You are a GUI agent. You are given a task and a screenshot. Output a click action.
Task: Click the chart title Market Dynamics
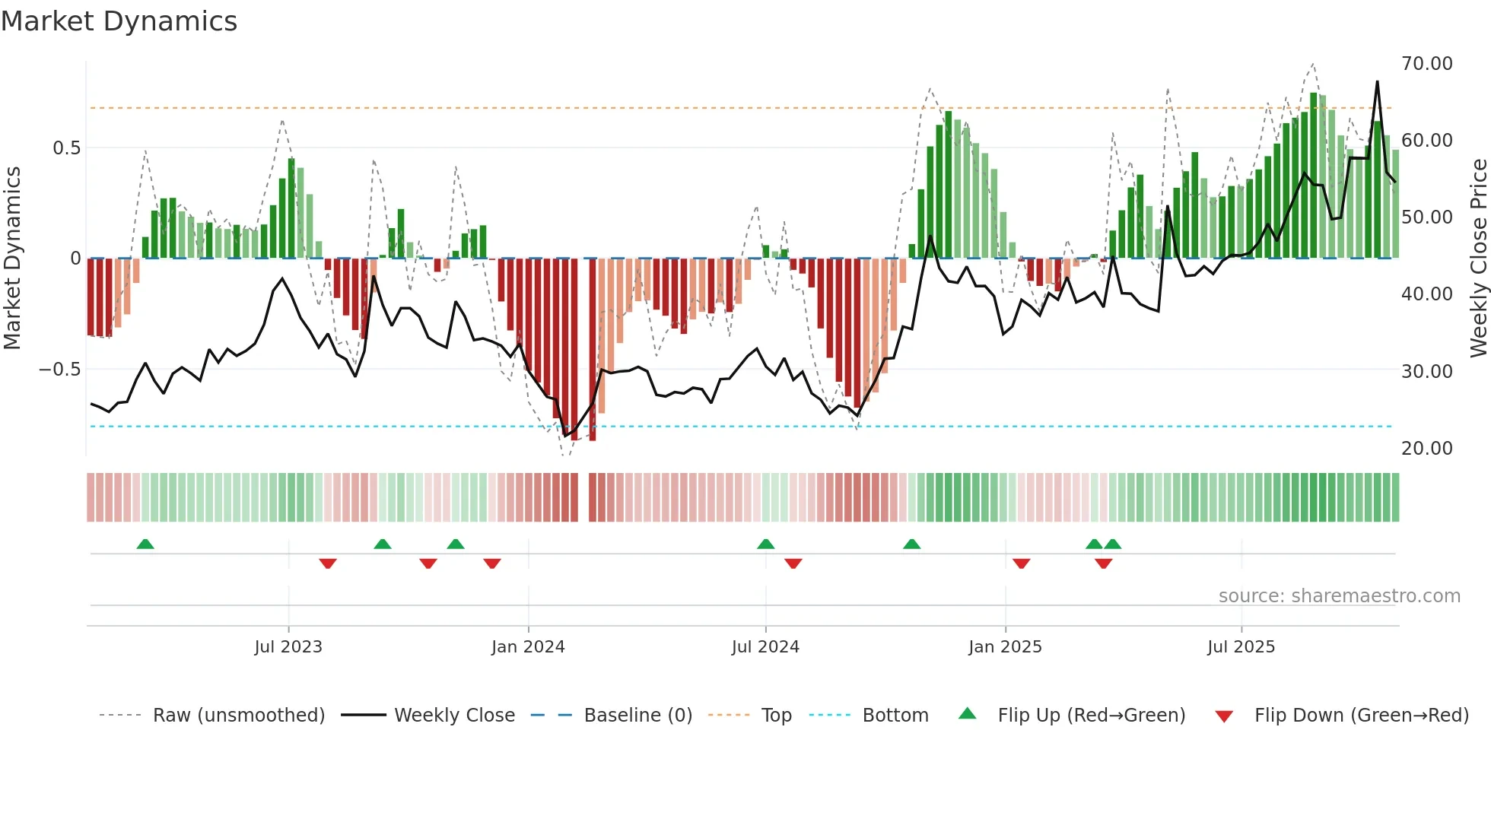click(119, 21)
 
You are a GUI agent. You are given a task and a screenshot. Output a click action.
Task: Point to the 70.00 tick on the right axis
click(1426, 63)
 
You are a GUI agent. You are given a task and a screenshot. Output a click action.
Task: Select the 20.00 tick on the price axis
click(1426, 448)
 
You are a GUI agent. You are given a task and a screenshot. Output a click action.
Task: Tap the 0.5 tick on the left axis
click(66, 148)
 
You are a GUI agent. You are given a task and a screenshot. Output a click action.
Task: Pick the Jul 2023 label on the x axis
click(288, 647)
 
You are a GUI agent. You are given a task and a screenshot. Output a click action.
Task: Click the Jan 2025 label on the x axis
click(1005, 647)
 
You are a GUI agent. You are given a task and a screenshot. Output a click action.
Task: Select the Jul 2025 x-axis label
click(1241, 647)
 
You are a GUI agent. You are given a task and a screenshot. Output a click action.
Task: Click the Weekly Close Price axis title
click(1478, 259)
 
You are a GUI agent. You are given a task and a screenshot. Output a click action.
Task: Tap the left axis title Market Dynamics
click(12, 259)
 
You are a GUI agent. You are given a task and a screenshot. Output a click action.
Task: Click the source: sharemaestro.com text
click(1339, 596)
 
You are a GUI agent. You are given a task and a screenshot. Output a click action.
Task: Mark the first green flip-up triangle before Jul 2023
click(145, 544)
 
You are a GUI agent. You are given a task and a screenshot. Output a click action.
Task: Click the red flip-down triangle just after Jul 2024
click(793, 563)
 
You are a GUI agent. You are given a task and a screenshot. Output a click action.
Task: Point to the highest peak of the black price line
click(1377, 82)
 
